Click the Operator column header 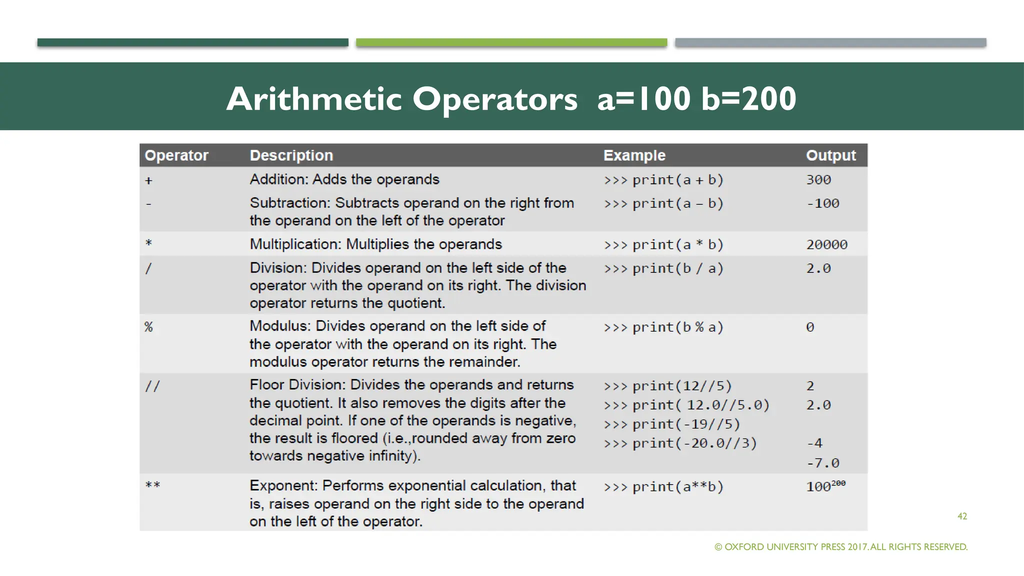click(176, 155)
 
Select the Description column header click(291, 155)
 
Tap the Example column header click(634, 155)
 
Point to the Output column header click(830, 155)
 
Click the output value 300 click(818, 180)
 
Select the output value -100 click(822, 203)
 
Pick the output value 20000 click(826, 244)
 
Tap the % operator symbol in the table click(148, 327)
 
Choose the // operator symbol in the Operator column click(152, 386)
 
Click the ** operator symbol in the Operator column click(152, 485)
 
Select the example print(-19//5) click(671, 424)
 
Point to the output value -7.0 click(822, 463)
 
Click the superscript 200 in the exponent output click(838, 483)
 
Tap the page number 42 click(962, 516)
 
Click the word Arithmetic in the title click(313, 98)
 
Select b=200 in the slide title click(748, 98)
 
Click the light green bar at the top click(511, 42)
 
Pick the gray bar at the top click(830, 42)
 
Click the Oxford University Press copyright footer click(841, 547)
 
